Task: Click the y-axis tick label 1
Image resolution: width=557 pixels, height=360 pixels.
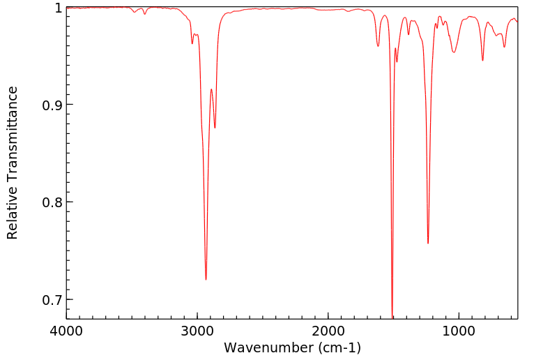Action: pyautogui.click(x=57, y=8)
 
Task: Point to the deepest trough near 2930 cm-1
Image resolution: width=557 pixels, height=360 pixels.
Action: pyautogui.click(x=206, y=279)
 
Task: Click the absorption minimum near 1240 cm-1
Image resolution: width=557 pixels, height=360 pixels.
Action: pyautogui.click(x=428, y=243)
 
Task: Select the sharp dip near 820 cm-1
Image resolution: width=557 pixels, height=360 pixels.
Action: pyautogui.click(x=482, y=60)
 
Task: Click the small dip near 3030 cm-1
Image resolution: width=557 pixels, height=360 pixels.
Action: pyautogui.click(x=192, y=44)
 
